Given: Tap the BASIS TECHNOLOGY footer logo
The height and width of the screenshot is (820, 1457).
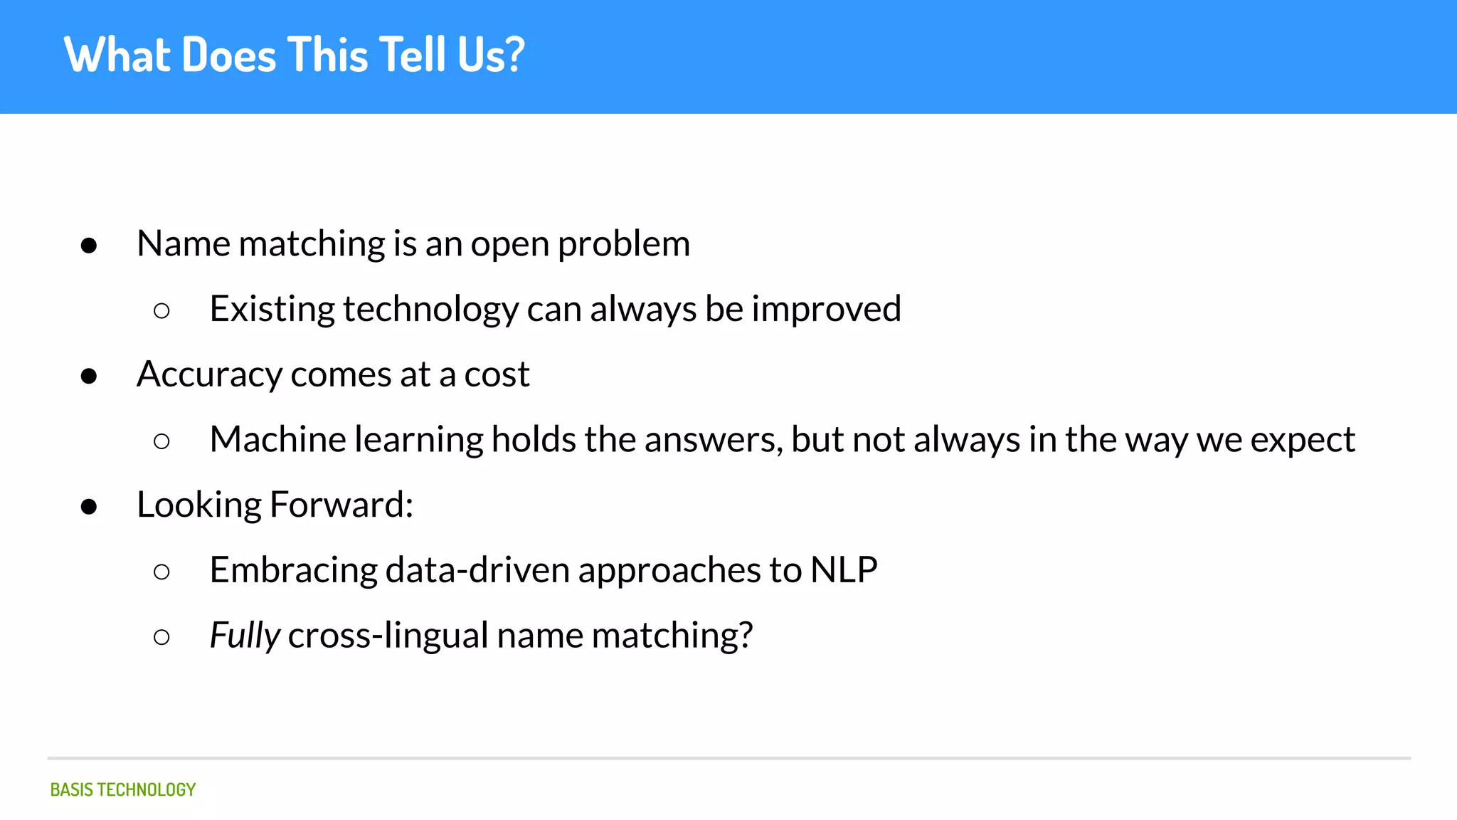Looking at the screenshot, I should (123, 789).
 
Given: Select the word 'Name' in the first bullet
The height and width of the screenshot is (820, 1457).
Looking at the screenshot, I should (184, 243).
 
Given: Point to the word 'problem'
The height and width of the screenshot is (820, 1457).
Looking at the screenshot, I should (624, 245).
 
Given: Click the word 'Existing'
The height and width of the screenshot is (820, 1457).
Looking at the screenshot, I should (272, 310).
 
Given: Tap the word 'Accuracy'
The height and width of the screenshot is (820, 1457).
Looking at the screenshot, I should (210, 375).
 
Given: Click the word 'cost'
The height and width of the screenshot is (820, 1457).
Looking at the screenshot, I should (497, 374).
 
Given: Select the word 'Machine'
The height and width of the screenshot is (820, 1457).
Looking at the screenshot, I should (277, 439).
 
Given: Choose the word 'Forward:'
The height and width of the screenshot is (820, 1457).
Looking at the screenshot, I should (341, 505).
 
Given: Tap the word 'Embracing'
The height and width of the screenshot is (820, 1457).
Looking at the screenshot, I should (293, 571).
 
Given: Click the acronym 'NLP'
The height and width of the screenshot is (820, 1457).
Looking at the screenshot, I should (844, 569).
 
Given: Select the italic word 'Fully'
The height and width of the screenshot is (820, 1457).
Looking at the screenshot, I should (245, 636).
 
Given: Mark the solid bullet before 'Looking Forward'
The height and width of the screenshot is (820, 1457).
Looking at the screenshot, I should (89, 506).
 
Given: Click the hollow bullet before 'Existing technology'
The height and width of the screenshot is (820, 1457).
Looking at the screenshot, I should (161, 310).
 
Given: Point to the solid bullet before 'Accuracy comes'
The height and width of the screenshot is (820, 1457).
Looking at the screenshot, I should (89, 375).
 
